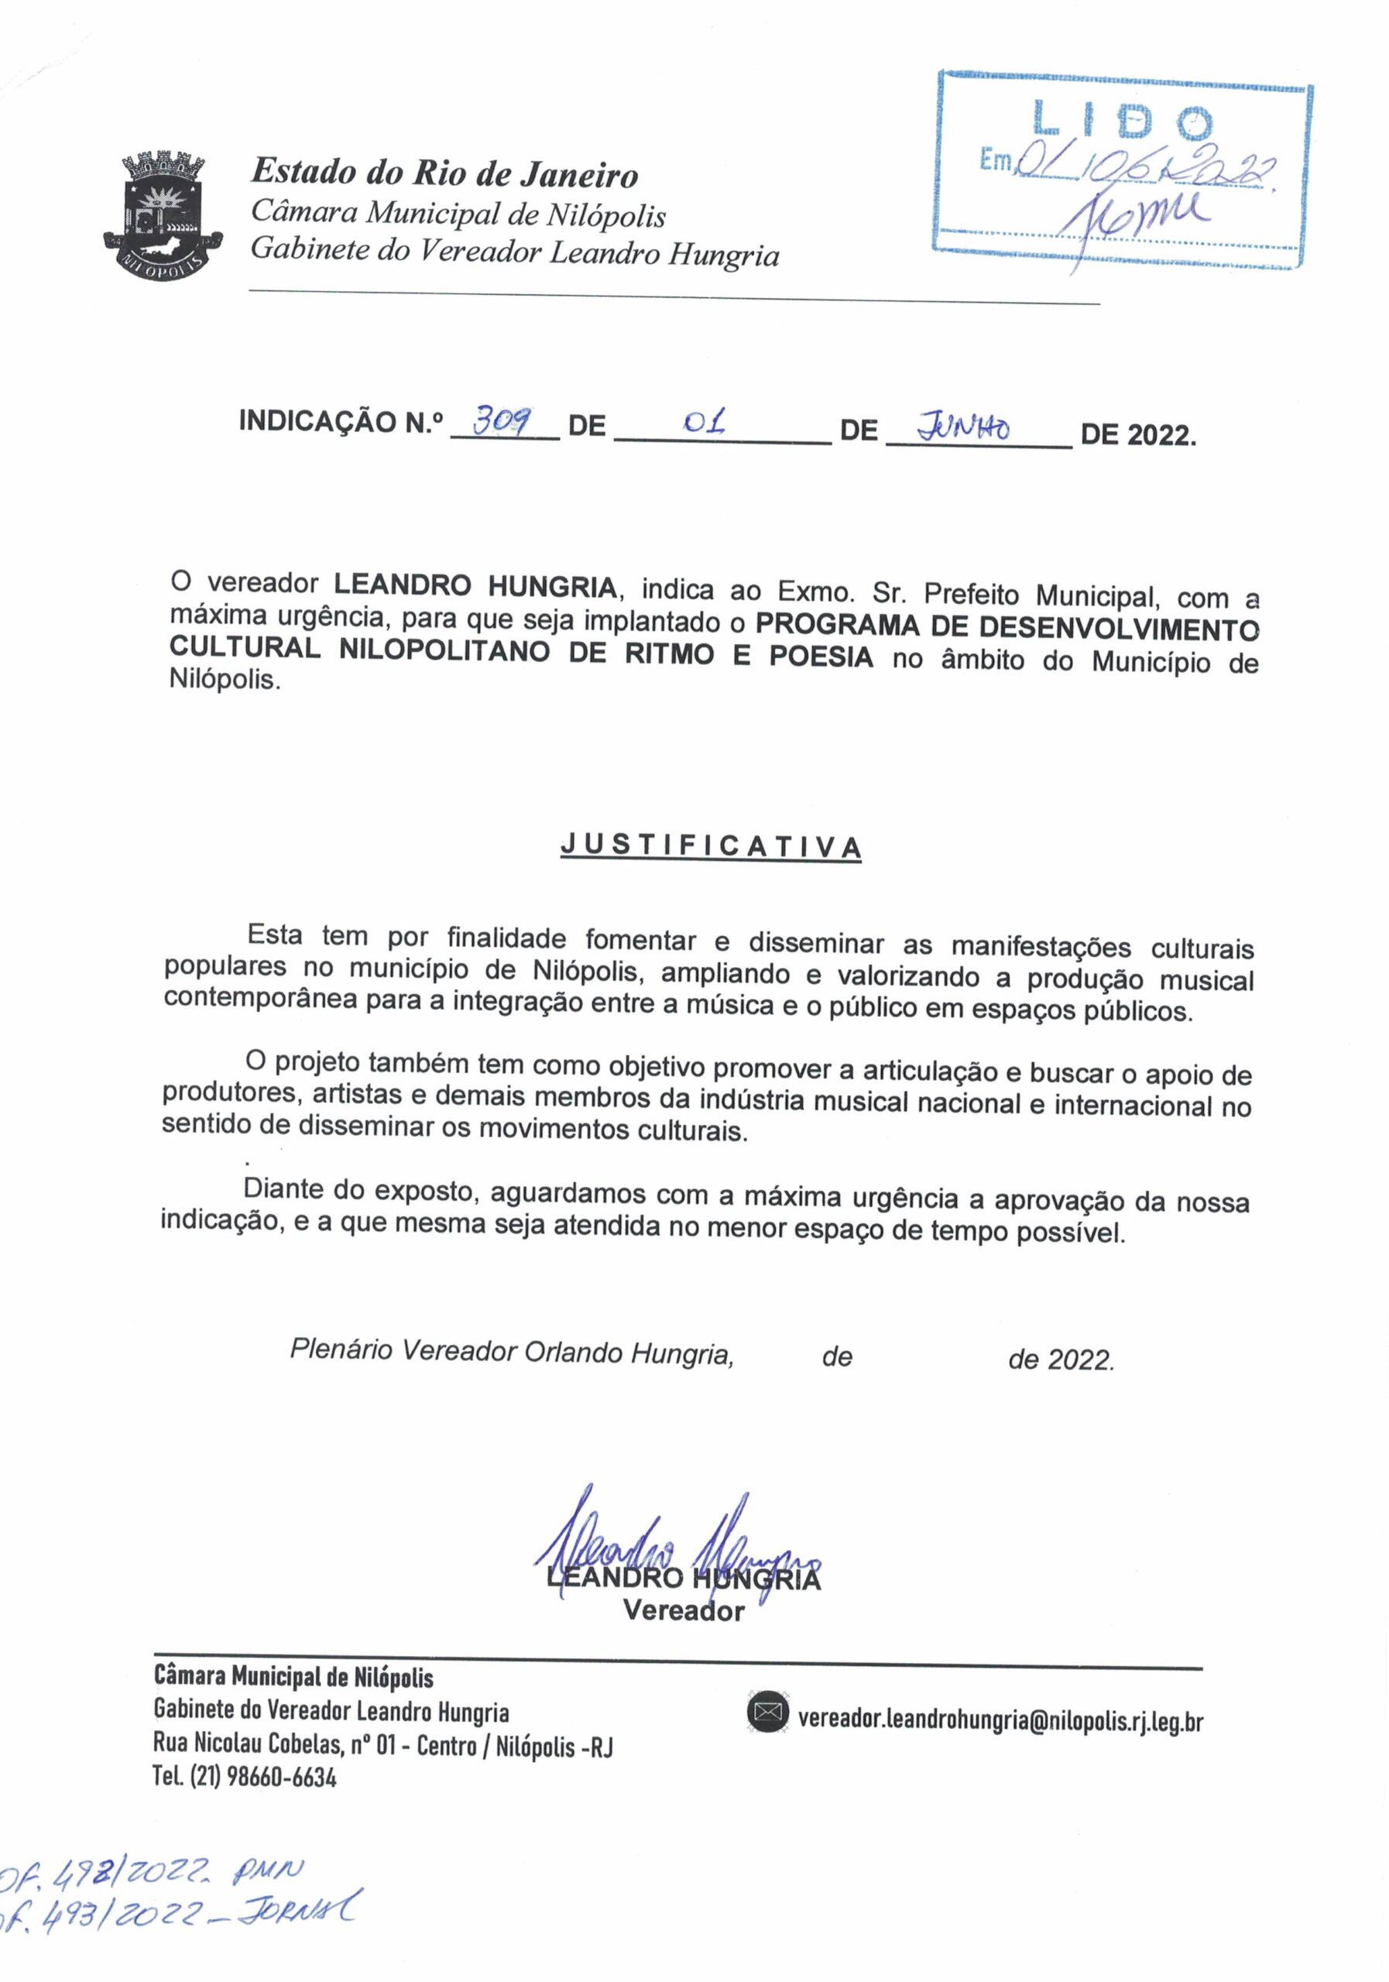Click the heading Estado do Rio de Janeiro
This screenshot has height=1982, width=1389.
(x=444, y=173)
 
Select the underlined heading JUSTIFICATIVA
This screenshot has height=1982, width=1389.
(x=711, y=846)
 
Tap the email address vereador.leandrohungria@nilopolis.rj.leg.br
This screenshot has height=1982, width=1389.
(x=1000, y=1720)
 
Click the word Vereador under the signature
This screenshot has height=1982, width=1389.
(x=683, y=1611)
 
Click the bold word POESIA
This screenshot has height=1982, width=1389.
(x=820, y=657)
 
